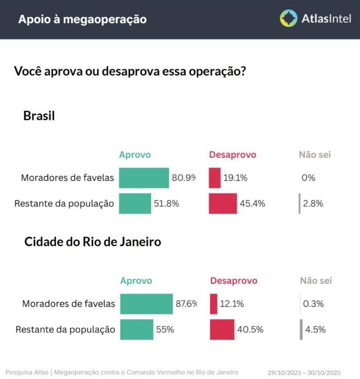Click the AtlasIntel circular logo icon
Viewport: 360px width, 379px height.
point(289,18)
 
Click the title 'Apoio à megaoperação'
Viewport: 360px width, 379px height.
point(82,19)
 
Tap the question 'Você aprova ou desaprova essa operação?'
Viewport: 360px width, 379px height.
point(130,71)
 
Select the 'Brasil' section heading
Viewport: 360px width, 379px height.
point(39,116)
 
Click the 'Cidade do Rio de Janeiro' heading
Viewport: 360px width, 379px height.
point(93,242)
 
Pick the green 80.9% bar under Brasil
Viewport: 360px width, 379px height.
point(144,178)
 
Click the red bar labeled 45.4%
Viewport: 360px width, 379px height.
point(223,204)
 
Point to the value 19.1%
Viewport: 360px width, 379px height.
point(235,178)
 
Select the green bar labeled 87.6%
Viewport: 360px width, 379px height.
point(146,304)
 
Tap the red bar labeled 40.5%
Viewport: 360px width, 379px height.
point(222,329)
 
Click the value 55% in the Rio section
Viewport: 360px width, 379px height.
point(165,329)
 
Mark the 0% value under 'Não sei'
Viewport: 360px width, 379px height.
point(309,178)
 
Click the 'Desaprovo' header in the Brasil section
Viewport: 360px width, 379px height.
point(233,155)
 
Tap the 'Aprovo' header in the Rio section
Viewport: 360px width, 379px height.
point(136,281)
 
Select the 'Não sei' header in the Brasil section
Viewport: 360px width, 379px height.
point(315,155)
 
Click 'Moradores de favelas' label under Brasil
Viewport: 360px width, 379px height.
point(67,178)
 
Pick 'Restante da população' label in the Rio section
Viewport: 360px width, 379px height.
point(65,329)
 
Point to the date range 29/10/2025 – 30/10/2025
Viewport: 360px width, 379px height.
point(304,373)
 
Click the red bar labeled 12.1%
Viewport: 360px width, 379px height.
point(214,304)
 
